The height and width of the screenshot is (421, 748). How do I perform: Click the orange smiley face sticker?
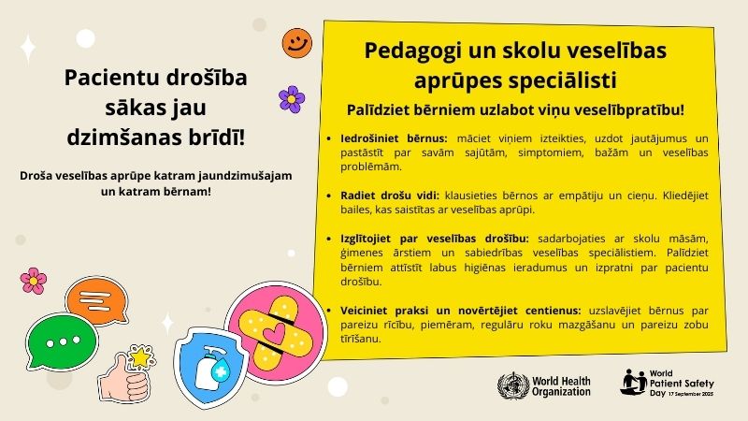point(296,43)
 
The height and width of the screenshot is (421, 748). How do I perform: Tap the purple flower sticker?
point(292,99)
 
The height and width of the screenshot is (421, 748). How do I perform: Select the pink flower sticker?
point(34,281)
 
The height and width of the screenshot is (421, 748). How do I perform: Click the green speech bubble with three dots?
point(61,341)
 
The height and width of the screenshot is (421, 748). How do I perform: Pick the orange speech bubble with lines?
point(96,300)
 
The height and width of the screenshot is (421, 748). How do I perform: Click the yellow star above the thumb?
point(141,356)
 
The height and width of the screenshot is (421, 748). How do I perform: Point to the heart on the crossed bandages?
point(274,331)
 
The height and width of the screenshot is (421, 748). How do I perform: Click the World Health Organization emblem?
point(513,385)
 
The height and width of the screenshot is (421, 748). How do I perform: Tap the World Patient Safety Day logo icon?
point(634,383)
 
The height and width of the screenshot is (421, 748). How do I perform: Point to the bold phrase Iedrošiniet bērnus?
point(394,138)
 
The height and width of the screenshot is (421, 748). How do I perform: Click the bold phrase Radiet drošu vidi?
point(389,196)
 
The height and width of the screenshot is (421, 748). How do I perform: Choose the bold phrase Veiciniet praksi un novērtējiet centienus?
point(460,311)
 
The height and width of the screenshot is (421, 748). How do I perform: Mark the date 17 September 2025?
point(691,394)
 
